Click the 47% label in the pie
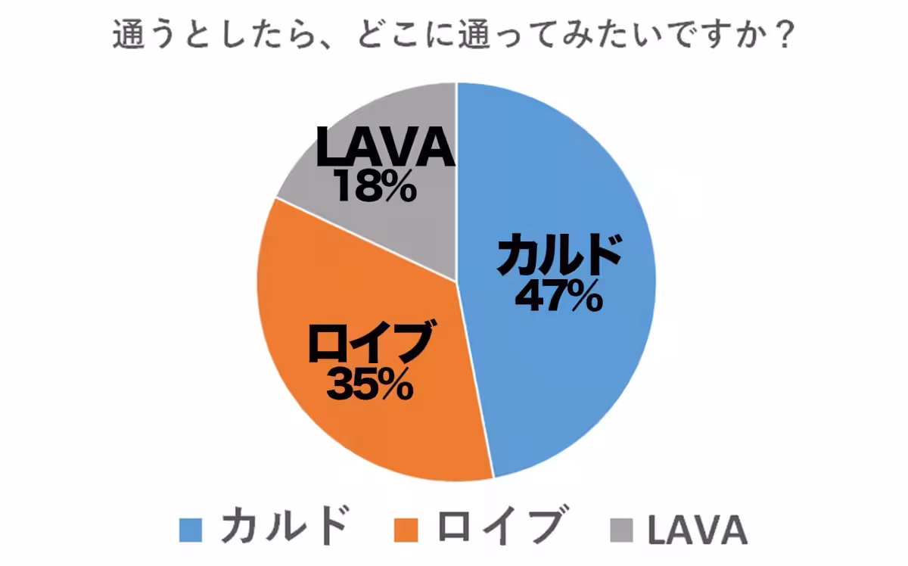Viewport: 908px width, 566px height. pyautogui.click(x=558, y=296)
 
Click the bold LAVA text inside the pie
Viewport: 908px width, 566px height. pyautogui.click(x=385, y=149)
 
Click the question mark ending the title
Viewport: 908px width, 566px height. pyautogui.click(x=783, y=35)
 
